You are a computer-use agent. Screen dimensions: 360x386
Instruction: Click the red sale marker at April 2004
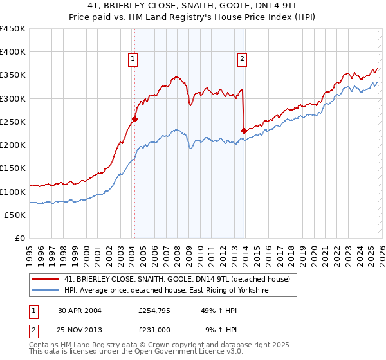coord(134,119)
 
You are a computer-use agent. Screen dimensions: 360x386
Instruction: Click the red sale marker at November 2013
coord(244,130)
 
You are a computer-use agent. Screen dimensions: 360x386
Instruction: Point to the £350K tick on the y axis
coord(12,75)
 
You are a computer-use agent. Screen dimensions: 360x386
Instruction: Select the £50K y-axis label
coord(15,215)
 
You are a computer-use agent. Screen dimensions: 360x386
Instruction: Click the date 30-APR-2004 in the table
coord(79,310)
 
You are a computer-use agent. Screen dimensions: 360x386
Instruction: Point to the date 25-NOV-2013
coord(79,329)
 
